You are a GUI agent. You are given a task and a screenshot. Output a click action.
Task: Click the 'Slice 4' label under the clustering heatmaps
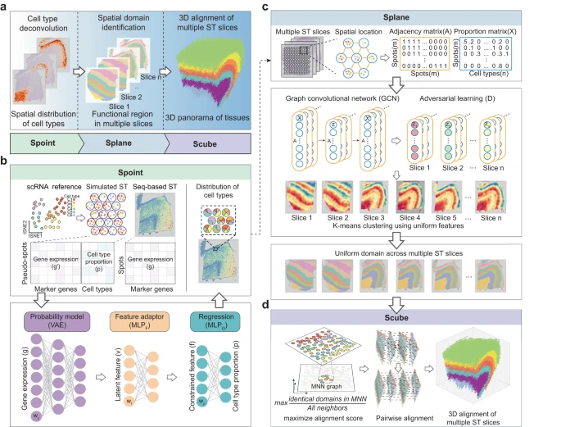[412, 220]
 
